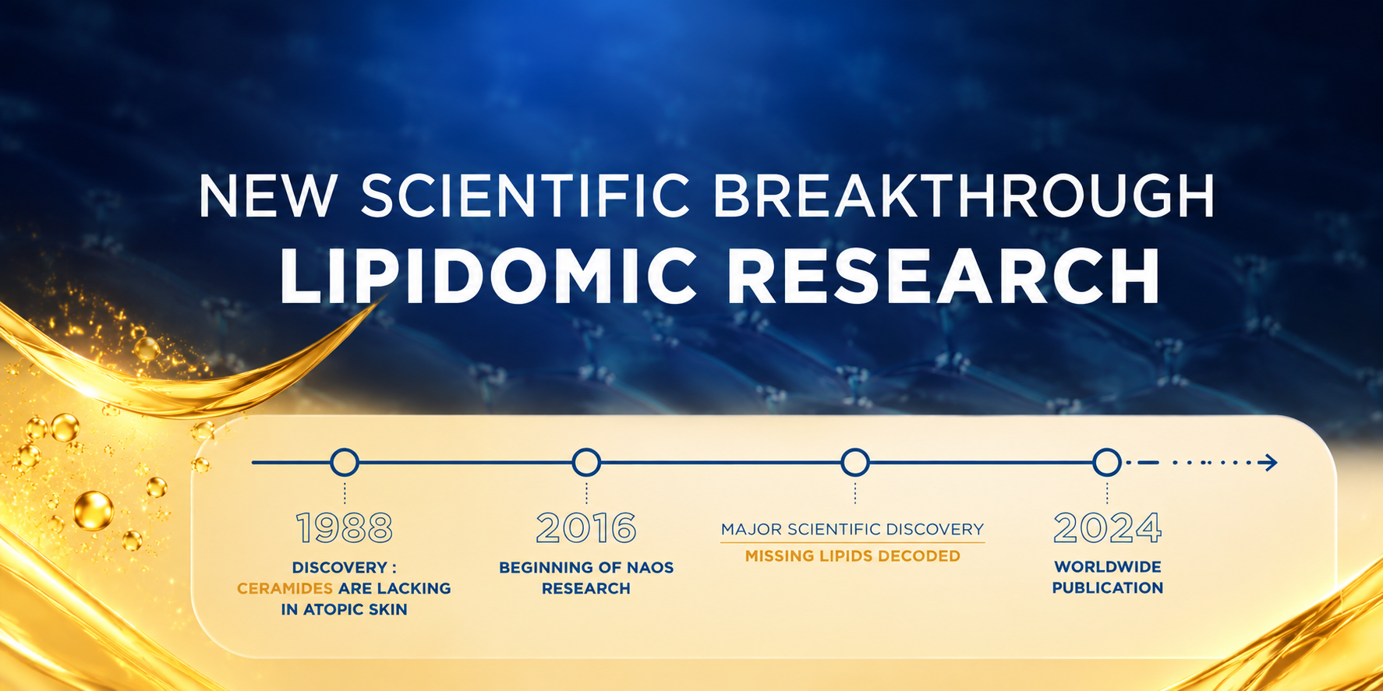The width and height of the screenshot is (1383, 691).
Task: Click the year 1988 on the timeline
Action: coord(345,528)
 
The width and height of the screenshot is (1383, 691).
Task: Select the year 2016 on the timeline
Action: coord(586,528)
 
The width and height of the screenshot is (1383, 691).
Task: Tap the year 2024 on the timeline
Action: coord(1107,528)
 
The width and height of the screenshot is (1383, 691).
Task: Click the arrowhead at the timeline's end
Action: coord(1271,463)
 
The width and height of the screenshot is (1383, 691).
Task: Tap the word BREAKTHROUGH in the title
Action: coord(964,196)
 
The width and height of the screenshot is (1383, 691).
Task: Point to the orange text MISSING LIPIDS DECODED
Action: coord(853,556)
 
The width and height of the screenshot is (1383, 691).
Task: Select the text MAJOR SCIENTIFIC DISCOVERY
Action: coord(853,530)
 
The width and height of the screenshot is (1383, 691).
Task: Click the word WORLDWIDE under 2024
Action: coord(1108,567)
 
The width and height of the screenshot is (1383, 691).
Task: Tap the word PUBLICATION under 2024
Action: coord(1108,588)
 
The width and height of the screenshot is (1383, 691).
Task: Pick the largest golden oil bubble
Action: coord(94,511)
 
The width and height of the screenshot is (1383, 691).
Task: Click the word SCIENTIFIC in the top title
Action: coord(525,196)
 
